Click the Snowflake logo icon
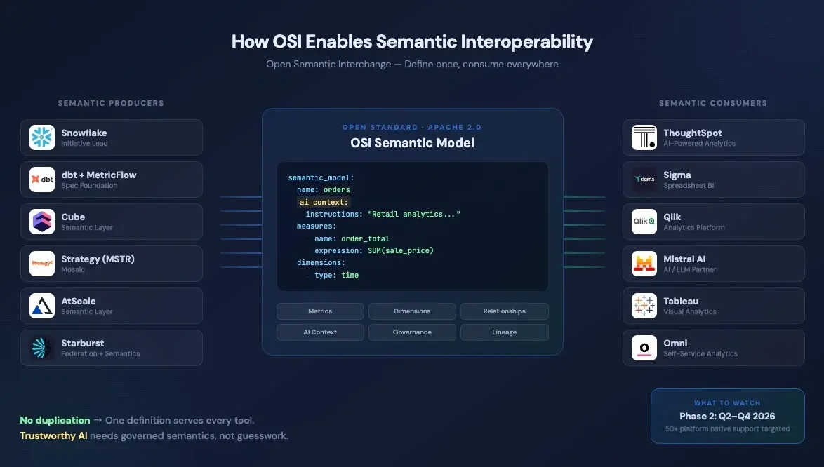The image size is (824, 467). tap(42, 137)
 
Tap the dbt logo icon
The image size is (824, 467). tap(42, 180)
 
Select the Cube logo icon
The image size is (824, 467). tap(42, 222)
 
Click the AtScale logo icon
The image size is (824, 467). tap(42, 306)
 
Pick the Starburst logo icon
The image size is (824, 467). tap(42, 348)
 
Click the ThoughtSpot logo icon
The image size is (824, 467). tap(644, 137)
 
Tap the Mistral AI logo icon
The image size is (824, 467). tap(644, 264)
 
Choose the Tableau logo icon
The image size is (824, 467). tap(644, 306)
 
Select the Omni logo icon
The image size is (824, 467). tap(644, 348)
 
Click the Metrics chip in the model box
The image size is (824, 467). tap(320, 311)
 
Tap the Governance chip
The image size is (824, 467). tap(412, 332)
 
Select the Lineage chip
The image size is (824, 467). tap(504, 332)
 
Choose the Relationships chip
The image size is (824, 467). tap(504, 311)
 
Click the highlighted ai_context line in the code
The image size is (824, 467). tap(324, 202)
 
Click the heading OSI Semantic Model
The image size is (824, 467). tap(412, 143)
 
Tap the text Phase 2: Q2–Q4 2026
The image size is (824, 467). tap(727, 417)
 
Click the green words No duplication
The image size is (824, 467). tap(55, 420)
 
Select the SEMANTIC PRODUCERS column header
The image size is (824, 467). tap(111, 103)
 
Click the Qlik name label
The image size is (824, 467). tap(672, 217)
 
